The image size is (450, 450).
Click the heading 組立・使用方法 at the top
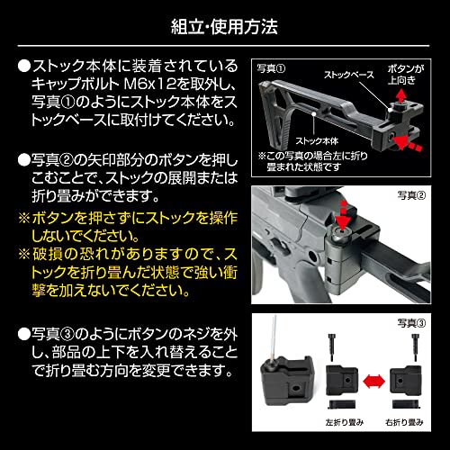(224, 24)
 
